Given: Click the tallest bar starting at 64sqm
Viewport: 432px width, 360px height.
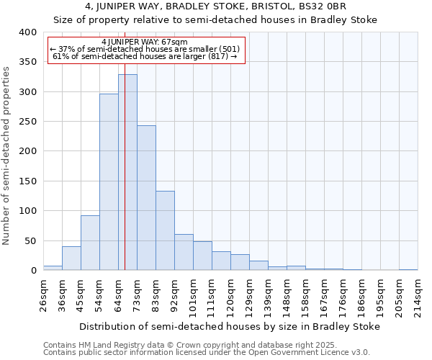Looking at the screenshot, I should [127, 173].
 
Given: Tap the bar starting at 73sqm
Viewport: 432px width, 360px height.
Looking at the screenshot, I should [146, 198].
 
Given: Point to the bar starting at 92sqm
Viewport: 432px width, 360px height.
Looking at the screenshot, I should [184, 252].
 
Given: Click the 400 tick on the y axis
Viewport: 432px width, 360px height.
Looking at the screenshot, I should [27, 32].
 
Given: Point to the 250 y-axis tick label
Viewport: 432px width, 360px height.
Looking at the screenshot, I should [27, 122].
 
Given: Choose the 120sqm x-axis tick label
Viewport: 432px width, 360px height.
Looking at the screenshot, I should [230, 294].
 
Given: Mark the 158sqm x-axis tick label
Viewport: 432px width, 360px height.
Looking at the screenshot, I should [305, 294].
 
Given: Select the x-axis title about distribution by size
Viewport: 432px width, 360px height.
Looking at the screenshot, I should [229, 326].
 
